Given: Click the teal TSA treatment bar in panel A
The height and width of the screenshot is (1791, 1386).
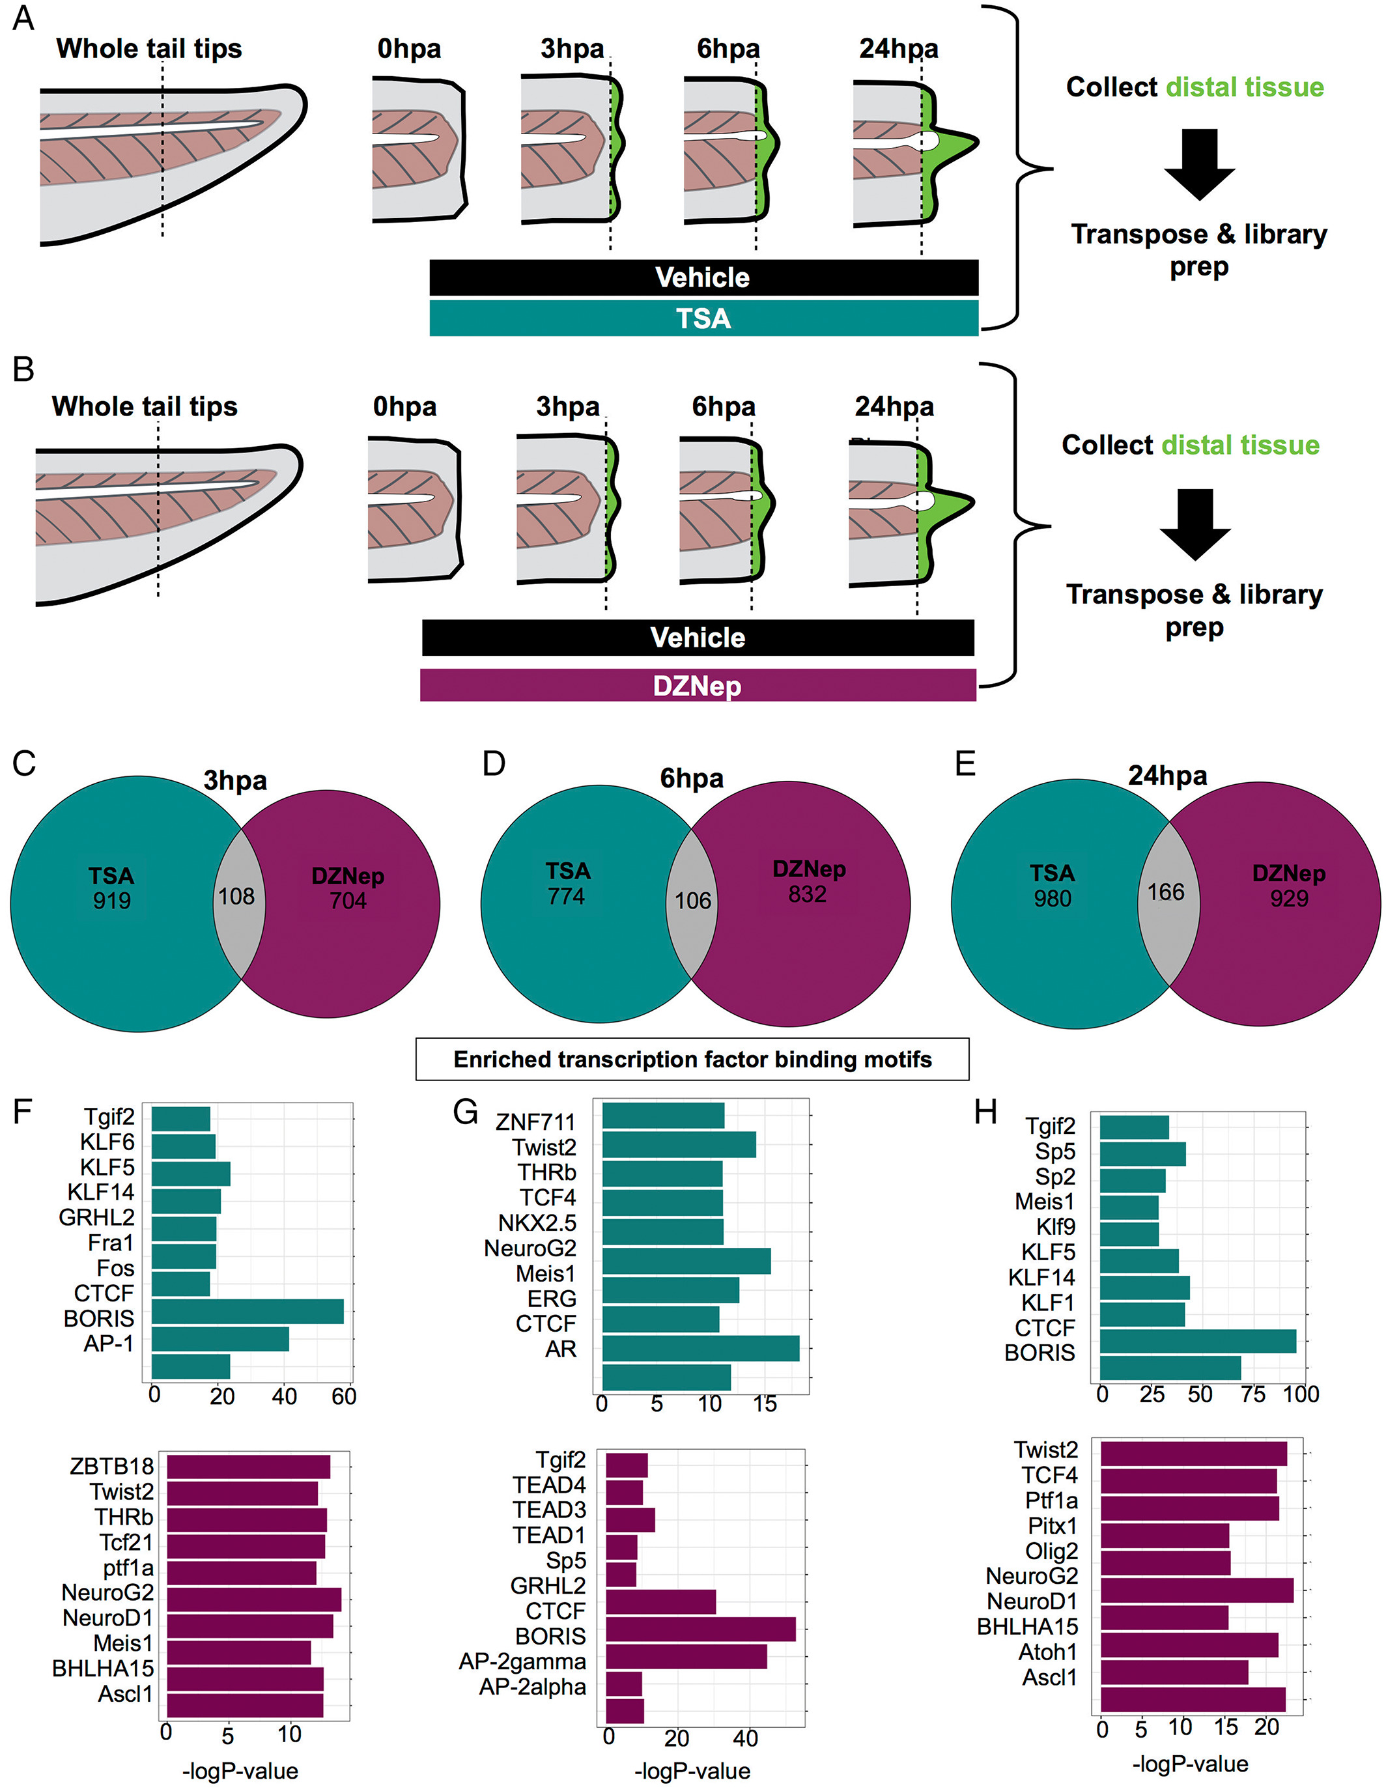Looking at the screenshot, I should tap(703, 318).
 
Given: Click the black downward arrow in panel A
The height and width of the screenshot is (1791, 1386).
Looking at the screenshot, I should tap(1199, 165).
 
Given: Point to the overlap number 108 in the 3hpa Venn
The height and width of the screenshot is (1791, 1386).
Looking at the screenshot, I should tap(236, 896).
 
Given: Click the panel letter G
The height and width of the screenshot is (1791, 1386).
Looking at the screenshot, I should tap(466, 1114).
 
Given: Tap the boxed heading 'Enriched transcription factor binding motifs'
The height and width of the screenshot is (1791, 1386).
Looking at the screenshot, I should tap(692, 1060).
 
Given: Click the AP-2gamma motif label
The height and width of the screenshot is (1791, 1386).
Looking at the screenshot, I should tap(522, 1661).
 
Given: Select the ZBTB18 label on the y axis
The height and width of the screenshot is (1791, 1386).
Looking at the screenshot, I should tap(111, 1465).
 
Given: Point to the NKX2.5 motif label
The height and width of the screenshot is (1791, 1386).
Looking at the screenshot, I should tap(537, 1224).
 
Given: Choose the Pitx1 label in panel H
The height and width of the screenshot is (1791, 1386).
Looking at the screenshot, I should tap(1053, 1526).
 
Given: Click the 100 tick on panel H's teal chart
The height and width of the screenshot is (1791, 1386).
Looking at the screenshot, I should tap(1301, 1394).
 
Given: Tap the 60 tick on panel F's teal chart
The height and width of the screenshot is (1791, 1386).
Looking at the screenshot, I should tap(344, 1396).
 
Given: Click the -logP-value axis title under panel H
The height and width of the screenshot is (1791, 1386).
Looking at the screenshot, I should tap(1190, 1764).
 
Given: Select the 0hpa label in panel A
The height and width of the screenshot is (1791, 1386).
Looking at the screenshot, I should tap(409, 49).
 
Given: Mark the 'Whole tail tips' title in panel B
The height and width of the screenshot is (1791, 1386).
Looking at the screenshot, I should tap(145, 407).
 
